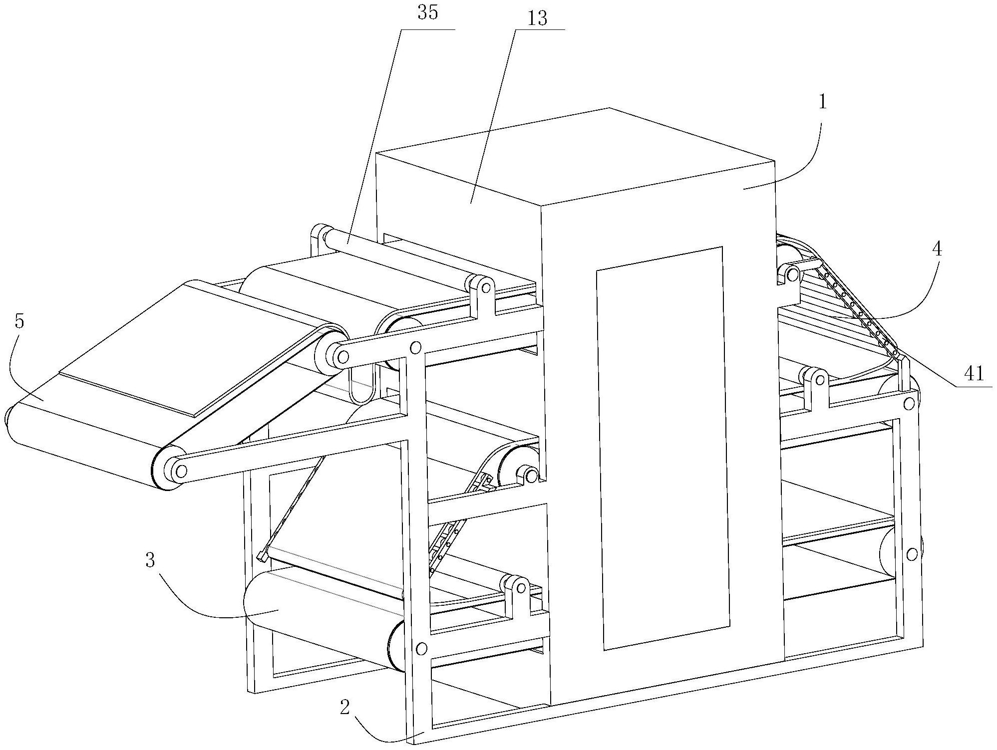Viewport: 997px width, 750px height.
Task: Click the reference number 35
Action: pyautogui.click(x=428, y=13)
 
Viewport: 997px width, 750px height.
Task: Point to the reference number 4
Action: pyautogui.click(x=937, y=249)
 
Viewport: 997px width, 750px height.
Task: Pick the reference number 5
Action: pyautogui.click(x=19, y=321)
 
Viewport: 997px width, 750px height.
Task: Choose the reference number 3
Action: pyautogui.click(x=150, y=560)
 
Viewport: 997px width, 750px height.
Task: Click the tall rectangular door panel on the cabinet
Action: pyautogui.click(x=663, y=448)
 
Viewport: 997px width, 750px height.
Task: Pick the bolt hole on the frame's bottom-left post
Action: pyautogui.click(x=421, y=648)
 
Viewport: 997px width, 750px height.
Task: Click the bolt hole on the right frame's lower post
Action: pyautogui.click(x=912, y=554)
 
